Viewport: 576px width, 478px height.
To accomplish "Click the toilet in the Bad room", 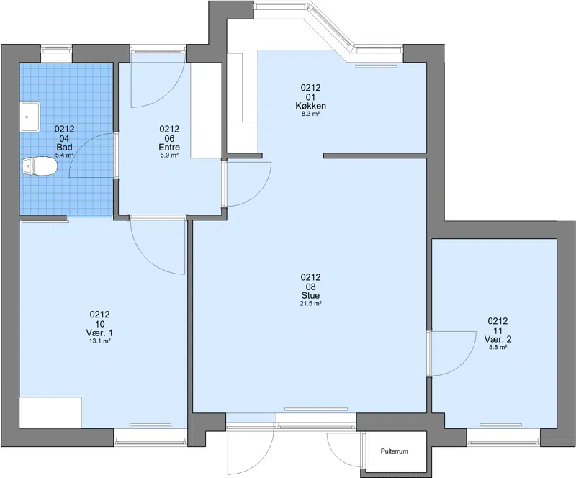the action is tap(39, 166).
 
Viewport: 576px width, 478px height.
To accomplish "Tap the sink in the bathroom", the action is tap(30, 117).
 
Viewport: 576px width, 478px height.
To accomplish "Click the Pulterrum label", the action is tap(394, 451).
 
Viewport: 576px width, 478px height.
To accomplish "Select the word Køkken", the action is tap(311, 106).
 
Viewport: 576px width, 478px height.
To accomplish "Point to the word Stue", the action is tap(311, 295).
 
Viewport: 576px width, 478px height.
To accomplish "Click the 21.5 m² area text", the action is tap(311, 304).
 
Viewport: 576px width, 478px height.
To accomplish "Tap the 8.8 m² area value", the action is tap(498, 347).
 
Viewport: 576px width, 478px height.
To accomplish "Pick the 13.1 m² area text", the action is tap(100, 341).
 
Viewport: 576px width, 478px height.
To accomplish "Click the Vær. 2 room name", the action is tap(498, 339).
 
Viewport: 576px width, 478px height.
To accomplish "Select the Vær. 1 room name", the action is tap(100, 333).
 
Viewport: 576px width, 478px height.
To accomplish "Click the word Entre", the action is tap(169, 148).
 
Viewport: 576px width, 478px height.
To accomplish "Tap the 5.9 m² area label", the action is tap(169, 155).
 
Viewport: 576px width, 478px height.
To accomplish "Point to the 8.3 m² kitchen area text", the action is tap(311, 114).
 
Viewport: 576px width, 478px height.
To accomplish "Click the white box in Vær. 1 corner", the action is tap(50, 412).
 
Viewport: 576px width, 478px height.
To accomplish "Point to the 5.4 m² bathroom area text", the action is tap(65, 155).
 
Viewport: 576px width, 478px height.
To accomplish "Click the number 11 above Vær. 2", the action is tap(498, 330).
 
